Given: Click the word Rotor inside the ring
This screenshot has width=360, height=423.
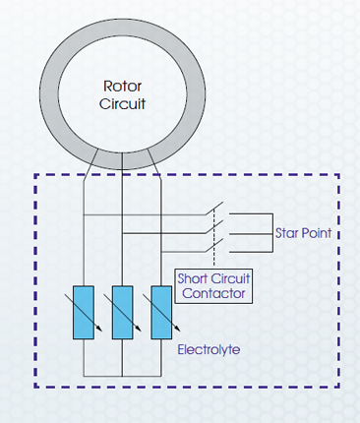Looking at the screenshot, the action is click(122, 87).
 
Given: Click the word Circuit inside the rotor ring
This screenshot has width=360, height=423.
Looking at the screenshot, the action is click(122, 104).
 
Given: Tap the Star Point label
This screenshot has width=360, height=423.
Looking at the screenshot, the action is click(303, 233).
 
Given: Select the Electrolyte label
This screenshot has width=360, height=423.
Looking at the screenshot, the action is click(209, 349).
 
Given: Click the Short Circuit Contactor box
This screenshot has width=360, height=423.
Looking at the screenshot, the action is click(213, 286).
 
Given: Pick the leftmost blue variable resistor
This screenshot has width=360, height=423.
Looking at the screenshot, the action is click(84, 313).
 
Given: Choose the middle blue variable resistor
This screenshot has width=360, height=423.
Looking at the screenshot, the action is click(122, 313).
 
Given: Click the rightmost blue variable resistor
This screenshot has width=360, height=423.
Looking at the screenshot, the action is click(161, 313).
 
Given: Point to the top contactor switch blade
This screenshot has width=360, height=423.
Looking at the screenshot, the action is click(214, 209).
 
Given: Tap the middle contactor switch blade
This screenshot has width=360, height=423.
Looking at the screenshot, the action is click(214, 227).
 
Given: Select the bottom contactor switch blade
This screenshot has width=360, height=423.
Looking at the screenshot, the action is click(214, 245).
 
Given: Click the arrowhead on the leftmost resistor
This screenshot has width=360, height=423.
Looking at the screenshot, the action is click(99, 329).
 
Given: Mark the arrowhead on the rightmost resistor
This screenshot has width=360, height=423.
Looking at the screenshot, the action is click(177, 329).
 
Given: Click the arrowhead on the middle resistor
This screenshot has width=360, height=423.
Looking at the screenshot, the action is click(139, 329).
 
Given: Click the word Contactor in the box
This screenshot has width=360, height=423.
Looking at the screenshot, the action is click(213, 293).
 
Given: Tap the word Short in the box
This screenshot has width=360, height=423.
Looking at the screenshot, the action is click(190, 278).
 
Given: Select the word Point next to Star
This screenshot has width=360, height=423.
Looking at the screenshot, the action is click(317, 233).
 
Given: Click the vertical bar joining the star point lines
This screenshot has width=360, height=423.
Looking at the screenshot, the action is click(272, 233).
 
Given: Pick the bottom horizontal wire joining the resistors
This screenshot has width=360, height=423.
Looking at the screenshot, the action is click(122, 376).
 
